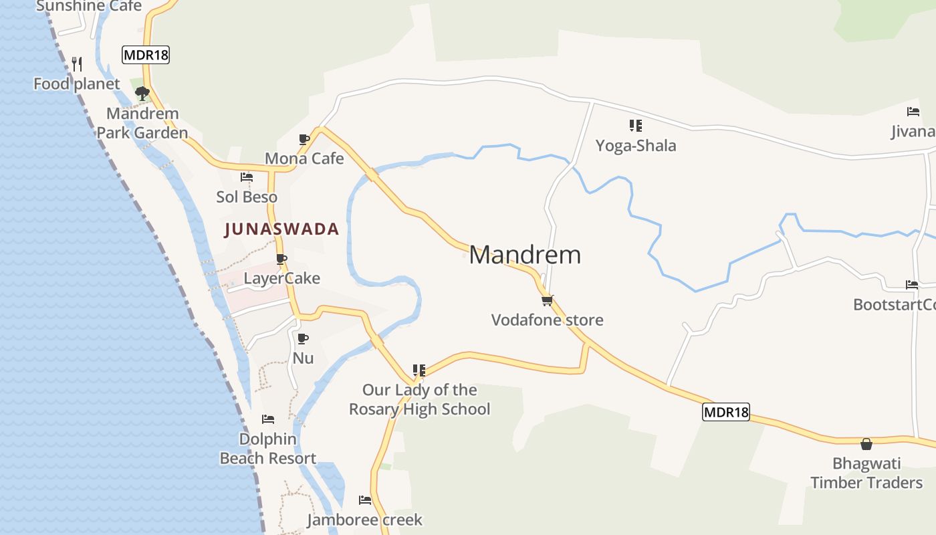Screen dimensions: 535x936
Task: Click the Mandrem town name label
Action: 525,255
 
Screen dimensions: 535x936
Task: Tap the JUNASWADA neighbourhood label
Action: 281,229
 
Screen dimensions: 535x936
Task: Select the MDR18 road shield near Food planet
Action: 146,55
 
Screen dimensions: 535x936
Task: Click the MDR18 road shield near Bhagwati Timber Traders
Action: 725,412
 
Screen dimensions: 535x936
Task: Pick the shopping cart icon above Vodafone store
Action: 548,300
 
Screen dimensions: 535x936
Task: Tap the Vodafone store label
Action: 547,320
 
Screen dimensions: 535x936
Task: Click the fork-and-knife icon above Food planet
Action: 77,64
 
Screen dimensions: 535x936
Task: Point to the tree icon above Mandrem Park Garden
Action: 142,94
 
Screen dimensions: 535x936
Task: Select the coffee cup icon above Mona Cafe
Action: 304,139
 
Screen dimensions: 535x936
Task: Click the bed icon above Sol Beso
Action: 247,177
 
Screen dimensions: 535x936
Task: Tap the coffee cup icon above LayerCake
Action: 281,259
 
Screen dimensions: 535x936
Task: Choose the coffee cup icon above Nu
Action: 303,338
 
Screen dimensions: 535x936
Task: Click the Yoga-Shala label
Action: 636,146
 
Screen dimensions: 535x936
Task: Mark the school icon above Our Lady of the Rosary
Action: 419,370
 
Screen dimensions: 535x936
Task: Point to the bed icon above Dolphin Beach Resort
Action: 268,419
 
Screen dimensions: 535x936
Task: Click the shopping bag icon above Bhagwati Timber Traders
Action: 866,444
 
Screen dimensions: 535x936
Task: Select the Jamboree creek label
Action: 364,520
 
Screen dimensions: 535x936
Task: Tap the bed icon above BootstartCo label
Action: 912,285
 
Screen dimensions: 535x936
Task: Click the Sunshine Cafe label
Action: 89,6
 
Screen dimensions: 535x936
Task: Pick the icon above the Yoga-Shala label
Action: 636,125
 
